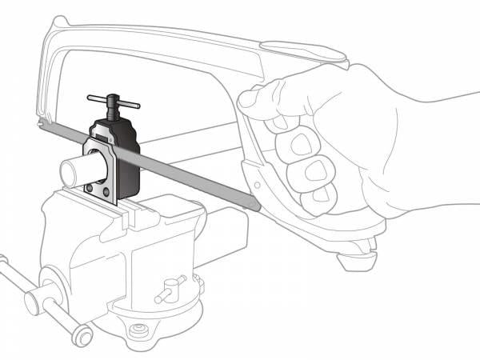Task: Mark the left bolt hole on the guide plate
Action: click(x=88, y=189)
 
